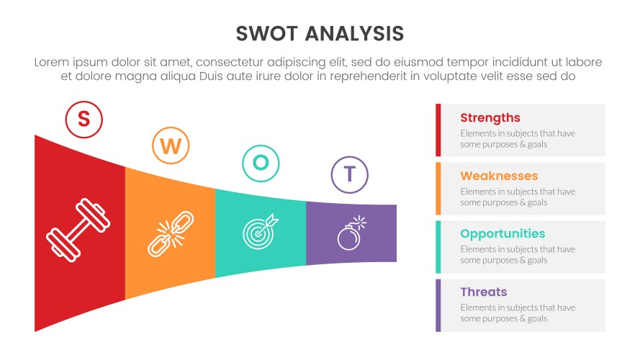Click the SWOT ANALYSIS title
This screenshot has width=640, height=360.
320,34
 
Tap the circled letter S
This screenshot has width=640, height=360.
84,120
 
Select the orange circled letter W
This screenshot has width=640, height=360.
171,146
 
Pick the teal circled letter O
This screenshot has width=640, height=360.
261,163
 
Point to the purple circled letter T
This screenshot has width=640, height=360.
349,174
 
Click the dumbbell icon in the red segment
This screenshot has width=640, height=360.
79,234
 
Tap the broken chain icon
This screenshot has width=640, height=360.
171,233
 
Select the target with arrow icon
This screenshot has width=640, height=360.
260,230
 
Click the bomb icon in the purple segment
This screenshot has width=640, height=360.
351,233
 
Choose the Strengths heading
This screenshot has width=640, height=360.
490,118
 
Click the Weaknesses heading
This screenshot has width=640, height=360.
499,176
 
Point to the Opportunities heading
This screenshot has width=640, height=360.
502,234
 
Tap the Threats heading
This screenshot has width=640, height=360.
484,292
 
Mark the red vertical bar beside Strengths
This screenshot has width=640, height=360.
438,130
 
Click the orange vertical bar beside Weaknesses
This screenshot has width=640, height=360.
438,188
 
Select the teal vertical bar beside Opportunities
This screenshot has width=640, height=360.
438,246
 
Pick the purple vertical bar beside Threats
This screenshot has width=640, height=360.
438,305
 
